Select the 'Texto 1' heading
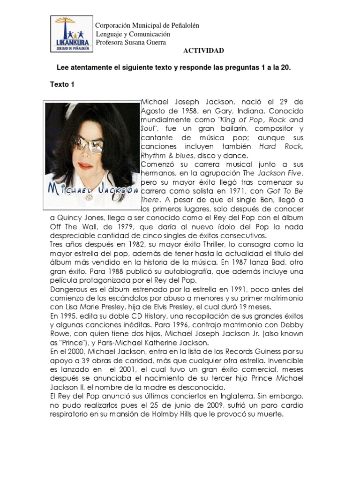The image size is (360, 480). pyautogui.click(x=63, y=84)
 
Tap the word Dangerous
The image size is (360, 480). pyautogui.click(x=69, y=289)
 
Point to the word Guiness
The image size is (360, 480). pyautogui.click(x=281, y=360)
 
